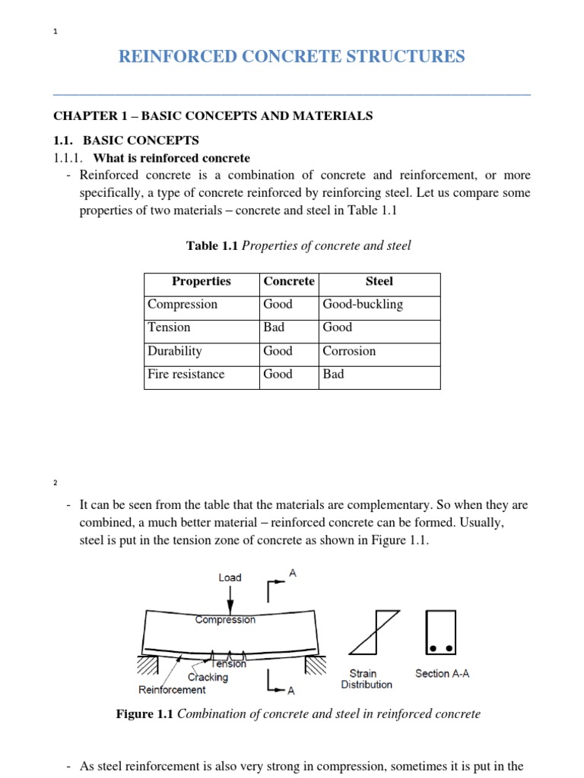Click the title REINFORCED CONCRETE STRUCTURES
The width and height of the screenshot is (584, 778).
coord(291,57)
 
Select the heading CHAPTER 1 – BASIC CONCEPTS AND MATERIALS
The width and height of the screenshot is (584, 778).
coord(213,116)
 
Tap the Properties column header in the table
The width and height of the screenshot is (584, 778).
coord(202,282)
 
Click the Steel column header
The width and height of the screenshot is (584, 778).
coord(379,282)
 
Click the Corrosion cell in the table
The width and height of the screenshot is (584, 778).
coord(349,351)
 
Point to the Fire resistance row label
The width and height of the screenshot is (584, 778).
coord(186,375)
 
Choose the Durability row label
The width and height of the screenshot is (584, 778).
coord(175,351)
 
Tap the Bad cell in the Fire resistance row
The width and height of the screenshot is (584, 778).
coord(333,375)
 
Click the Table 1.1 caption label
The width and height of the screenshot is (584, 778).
coord(212,245)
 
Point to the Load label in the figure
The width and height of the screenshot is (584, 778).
coord(230,577)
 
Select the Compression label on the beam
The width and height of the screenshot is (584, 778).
coord(225,620)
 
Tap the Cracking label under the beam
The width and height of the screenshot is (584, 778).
coord(208,677)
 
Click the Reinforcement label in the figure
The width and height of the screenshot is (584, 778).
coord(172,690)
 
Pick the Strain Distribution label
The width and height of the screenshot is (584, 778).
coord(367,679)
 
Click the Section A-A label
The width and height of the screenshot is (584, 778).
coord(442,674)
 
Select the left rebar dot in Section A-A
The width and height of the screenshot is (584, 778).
coord(433,648)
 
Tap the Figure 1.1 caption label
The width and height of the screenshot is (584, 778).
coord(144,715)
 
